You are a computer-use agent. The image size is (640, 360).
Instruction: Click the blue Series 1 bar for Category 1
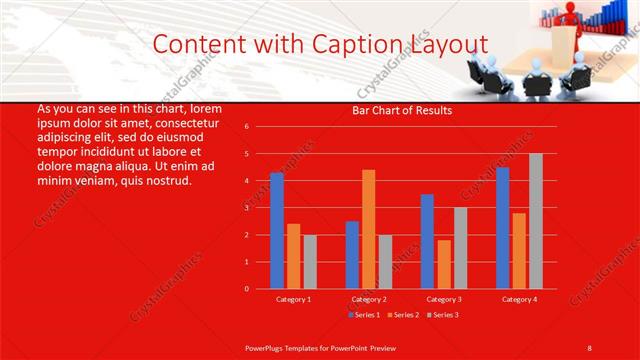point(277,231)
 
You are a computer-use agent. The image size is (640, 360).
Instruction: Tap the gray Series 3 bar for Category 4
point(536,221)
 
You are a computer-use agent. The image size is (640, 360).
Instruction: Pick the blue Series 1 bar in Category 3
point(427,241)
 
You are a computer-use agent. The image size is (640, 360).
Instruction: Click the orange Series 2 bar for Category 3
point(444,264)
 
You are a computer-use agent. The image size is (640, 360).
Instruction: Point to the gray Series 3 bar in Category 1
point(310,262)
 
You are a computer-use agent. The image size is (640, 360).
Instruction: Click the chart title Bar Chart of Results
point(402,111)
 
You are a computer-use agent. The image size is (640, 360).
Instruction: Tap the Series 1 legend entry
point(363,315)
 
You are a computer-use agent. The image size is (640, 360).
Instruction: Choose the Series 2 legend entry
point(402,315)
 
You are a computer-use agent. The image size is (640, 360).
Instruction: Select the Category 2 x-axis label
point(368,299)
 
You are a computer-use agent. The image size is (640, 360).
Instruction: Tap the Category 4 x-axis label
point(518,299)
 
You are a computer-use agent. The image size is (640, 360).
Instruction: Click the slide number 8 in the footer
point(589,347)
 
